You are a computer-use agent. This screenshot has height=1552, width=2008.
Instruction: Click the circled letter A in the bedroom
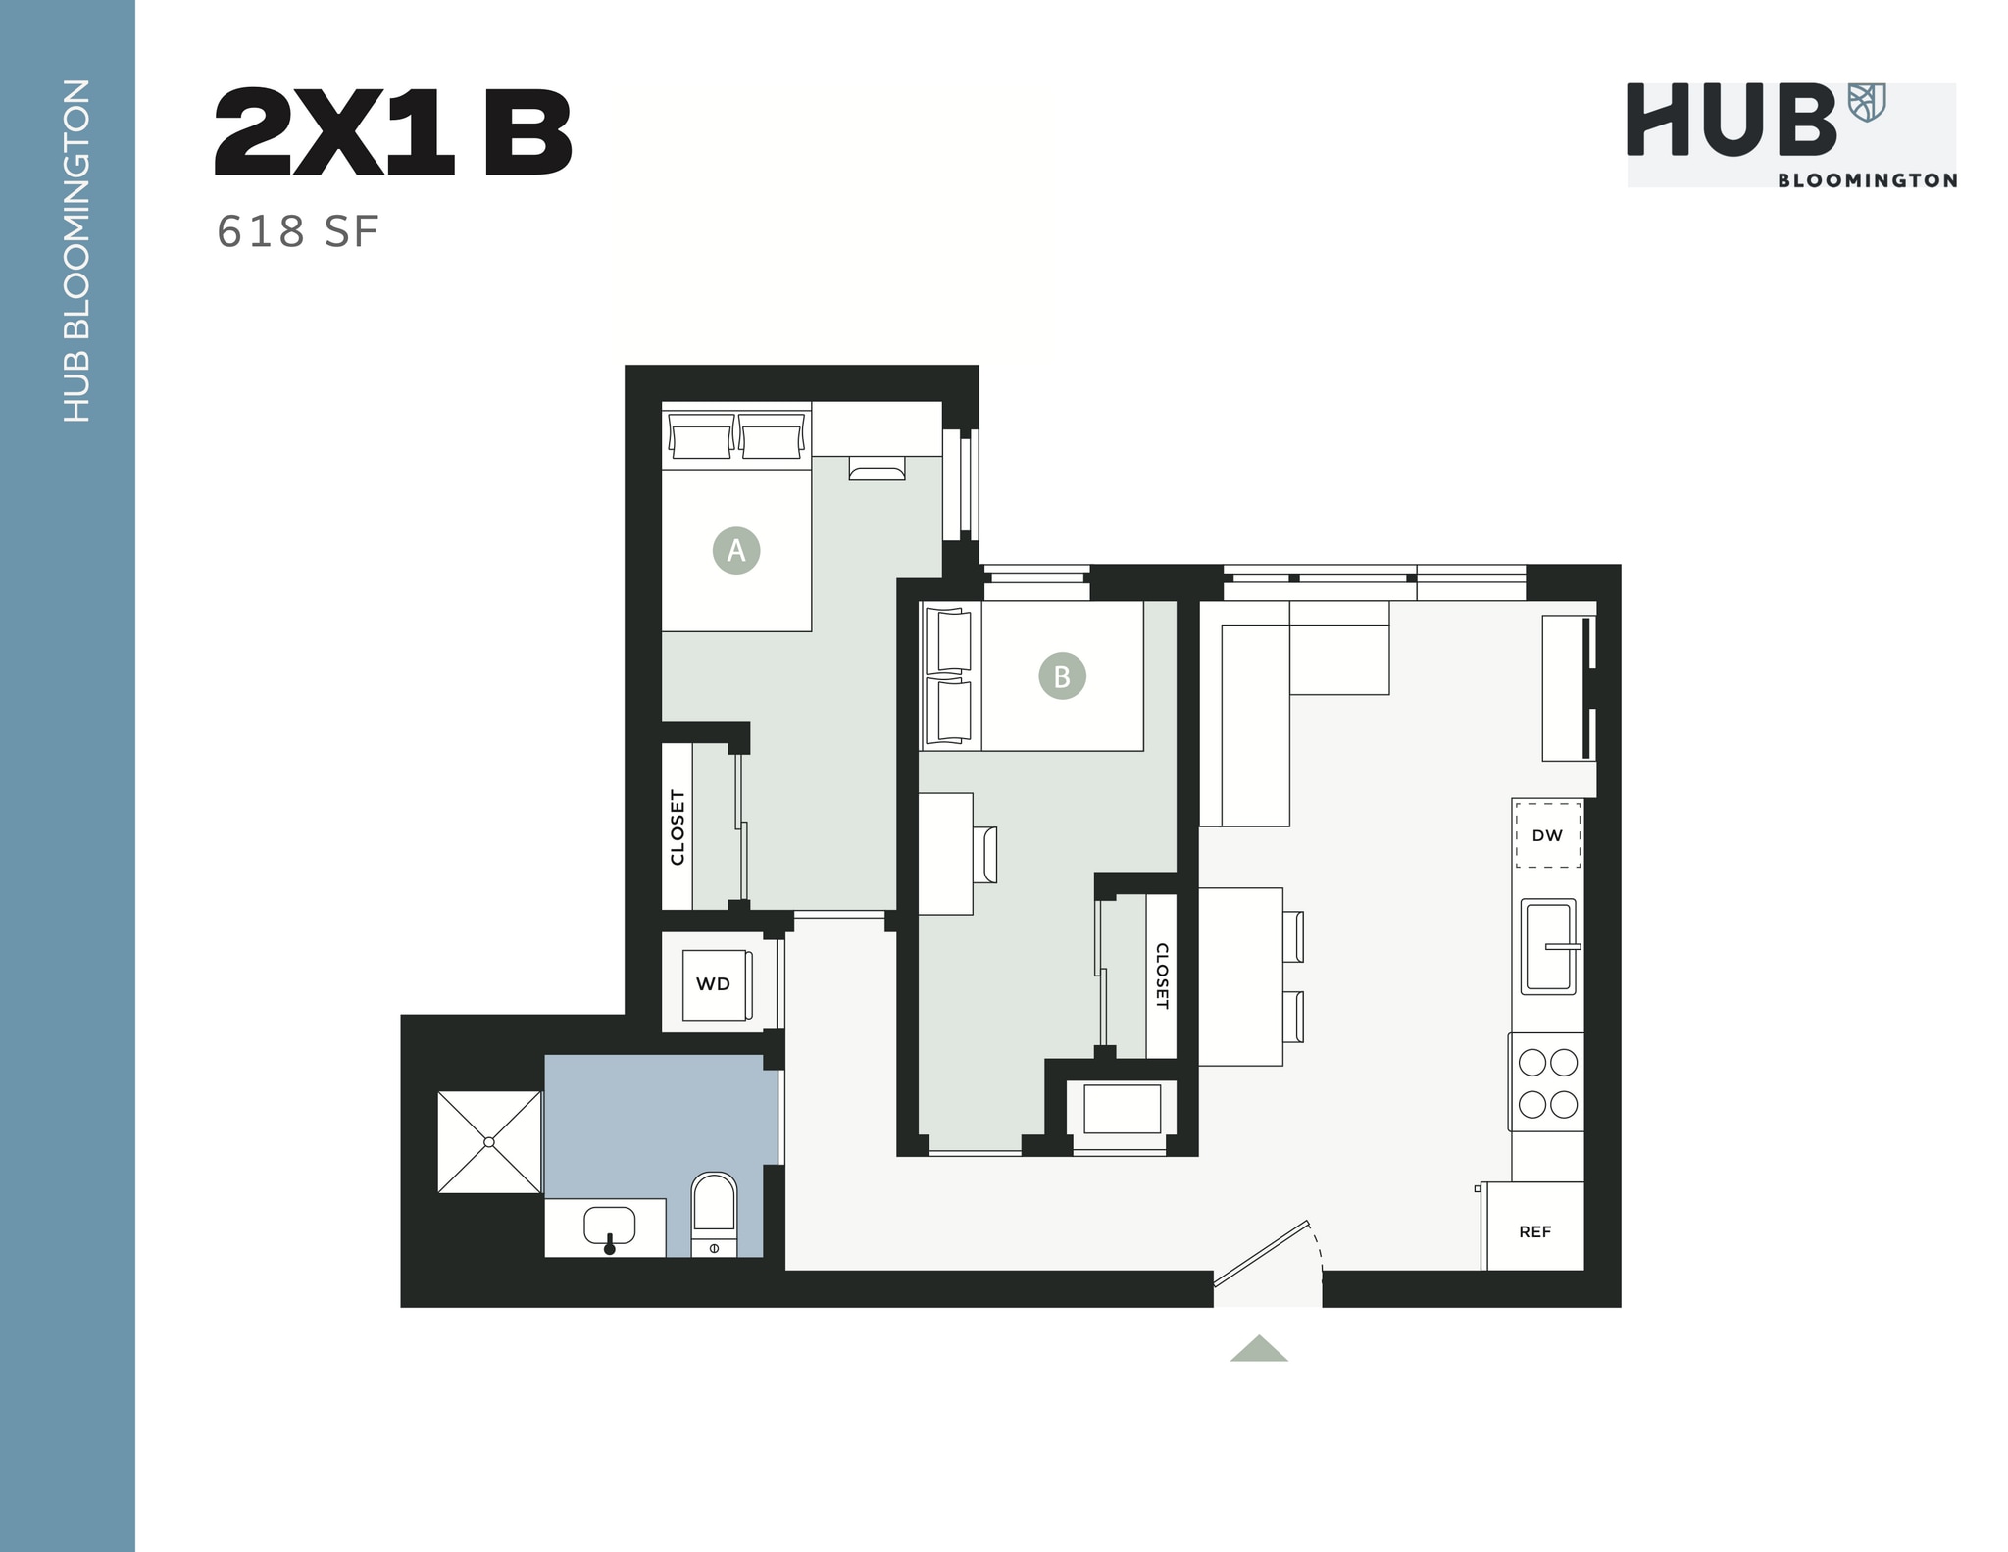coord(736,551)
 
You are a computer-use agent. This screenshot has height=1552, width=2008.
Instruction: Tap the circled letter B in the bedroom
coord(1062,676)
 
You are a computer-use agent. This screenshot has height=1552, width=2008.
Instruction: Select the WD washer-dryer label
coord(713,984)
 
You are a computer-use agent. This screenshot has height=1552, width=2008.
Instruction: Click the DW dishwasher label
coord(1547,835)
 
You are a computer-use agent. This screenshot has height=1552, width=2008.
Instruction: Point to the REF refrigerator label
coord(1534,1232)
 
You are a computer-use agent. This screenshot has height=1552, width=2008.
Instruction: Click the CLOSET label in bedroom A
coord(678,827)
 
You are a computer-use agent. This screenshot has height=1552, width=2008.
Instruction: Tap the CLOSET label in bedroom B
coord(1162,976)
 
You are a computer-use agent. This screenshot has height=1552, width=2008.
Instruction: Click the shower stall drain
coord(489,1142)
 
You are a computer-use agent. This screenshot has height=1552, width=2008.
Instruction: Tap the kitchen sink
coord(1548,946)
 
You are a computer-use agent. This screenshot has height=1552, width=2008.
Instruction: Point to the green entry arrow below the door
coord(1259,1349)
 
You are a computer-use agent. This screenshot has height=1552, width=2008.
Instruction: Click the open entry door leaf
coord(1261,1252)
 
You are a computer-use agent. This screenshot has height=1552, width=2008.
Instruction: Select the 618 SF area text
coord(297,232)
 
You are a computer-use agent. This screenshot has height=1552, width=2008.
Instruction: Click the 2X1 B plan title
coord(392,132)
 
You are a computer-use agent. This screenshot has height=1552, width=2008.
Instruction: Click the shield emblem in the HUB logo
coord(1866,102)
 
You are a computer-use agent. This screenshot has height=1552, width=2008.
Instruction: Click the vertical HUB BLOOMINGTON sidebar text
coord(75,251)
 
